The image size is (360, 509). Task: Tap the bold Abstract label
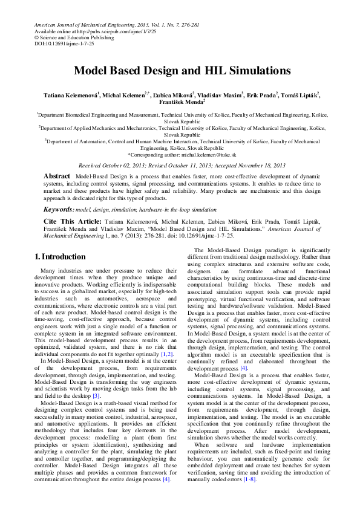pos(57,175)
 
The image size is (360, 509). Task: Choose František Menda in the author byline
pos(178,103)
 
